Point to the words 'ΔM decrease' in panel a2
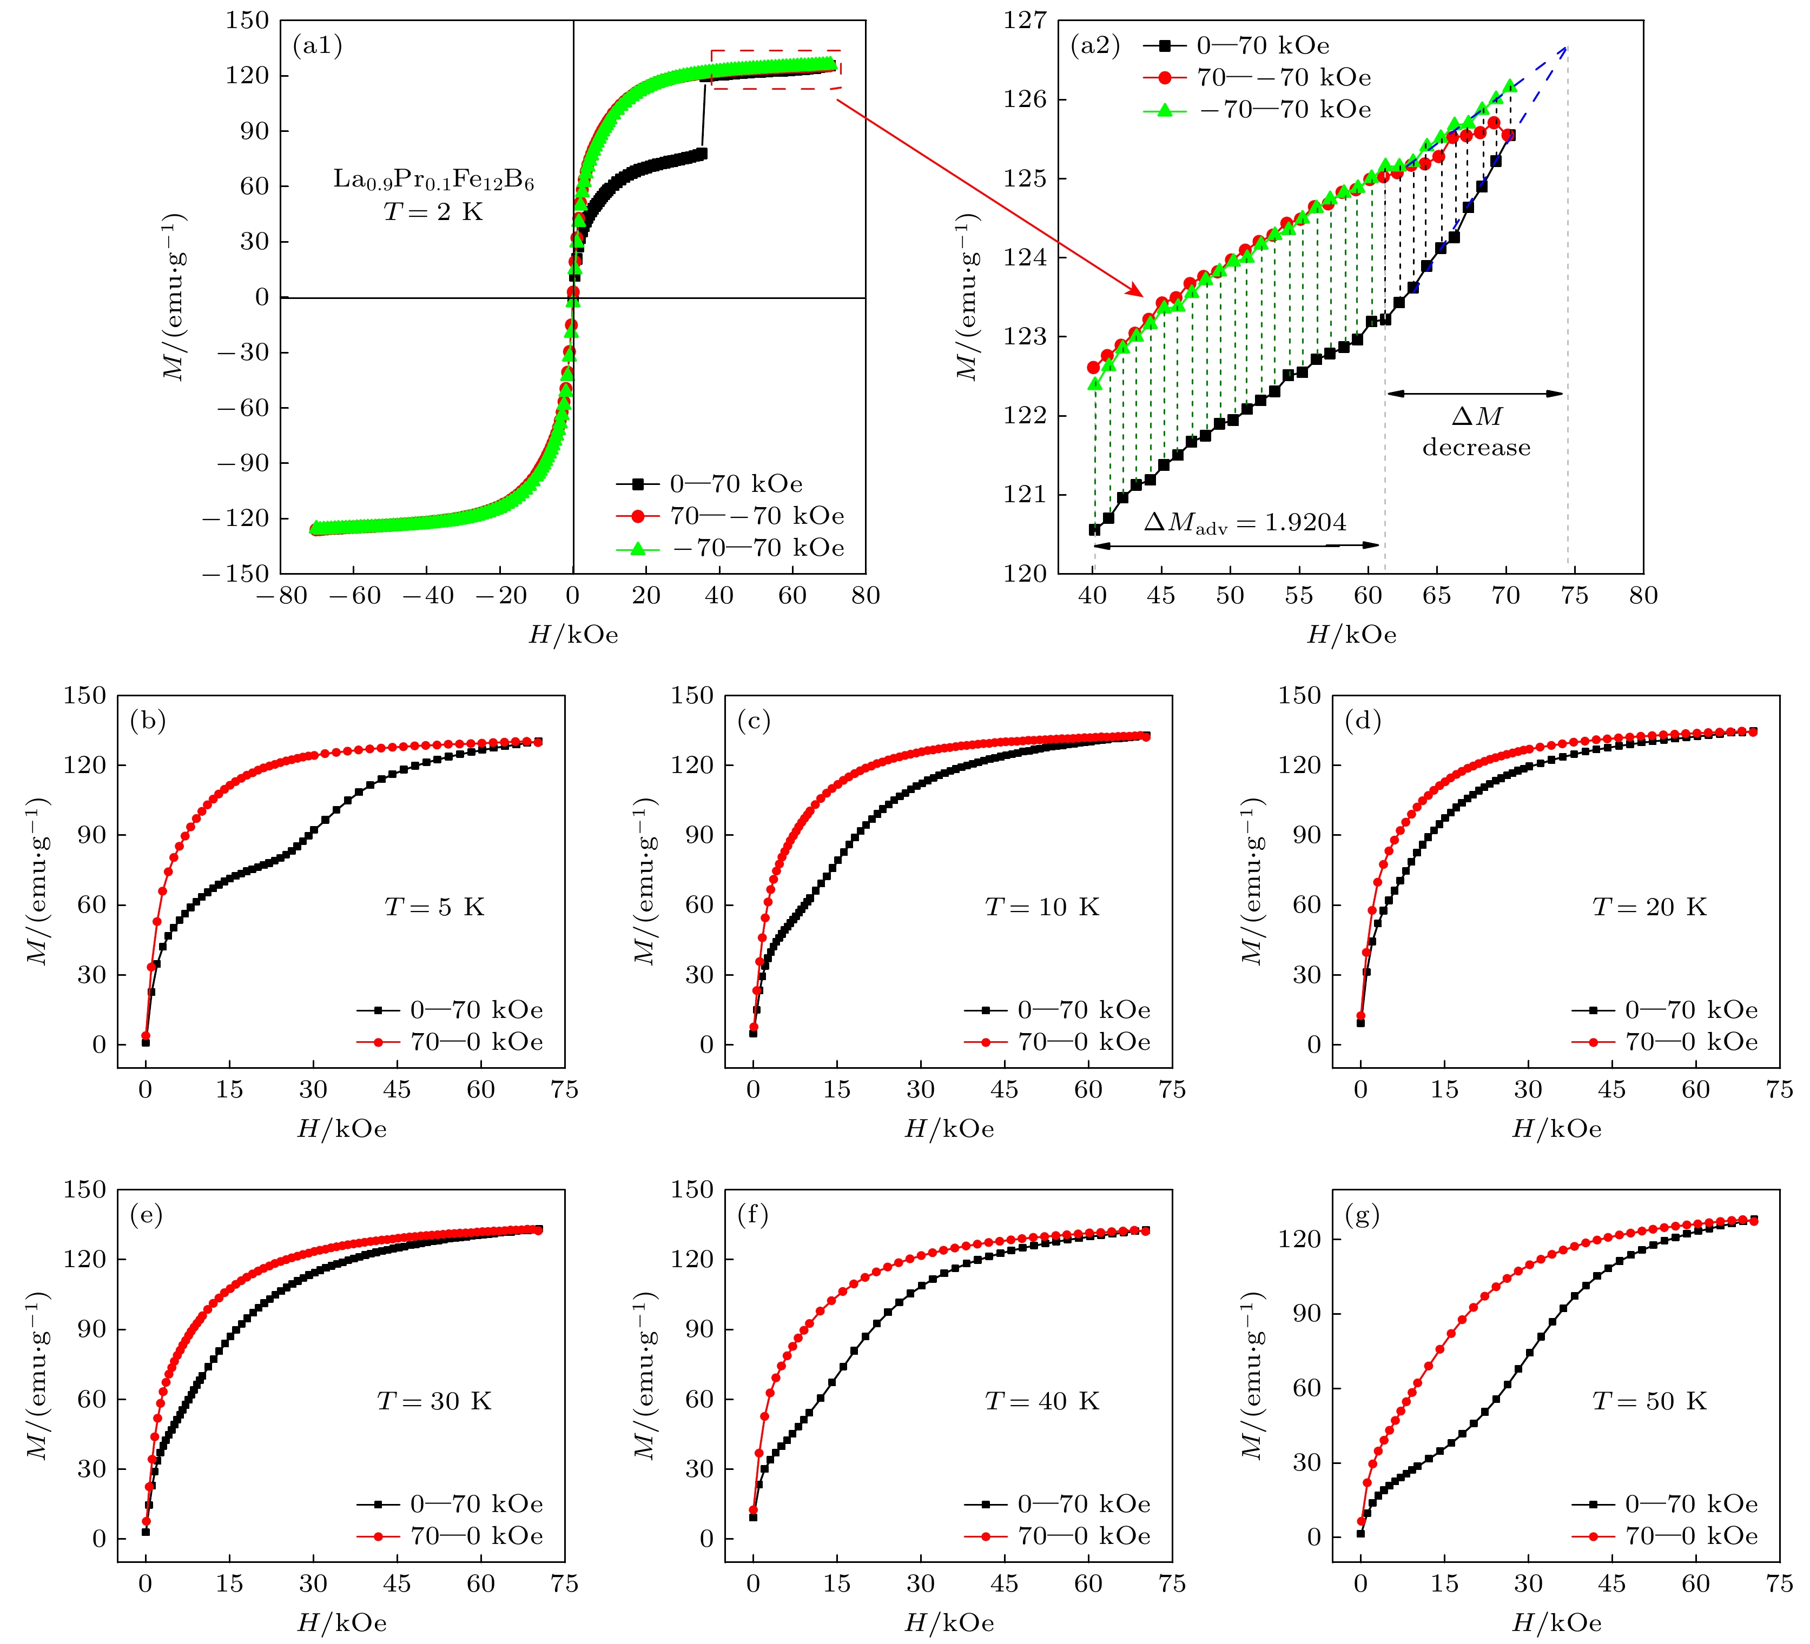[1476, 431]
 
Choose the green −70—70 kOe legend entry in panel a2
[1257, 110]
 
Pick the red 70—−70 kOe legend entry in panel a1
[730, 516]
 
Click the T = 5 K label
[434, 907]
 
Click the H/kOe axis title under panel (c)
[949, 1129]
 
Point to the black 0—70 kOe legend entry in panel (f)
[1058, 1503]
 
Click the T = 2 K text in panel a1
[434, 212]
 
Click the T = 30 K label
[434, 1401]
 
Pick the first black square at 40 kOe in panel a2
[1094, 529]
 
